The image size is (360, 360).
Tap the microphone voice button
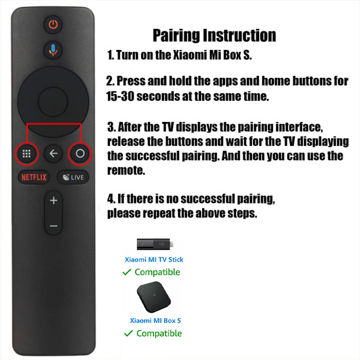point(53,50)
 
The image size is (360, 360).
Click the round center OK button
point(53,102)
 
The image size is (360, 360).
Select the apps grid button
point(27,153)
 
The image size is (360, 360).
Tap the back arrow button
point(53,153)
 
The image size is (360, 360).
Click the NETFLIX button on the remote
point(34,177)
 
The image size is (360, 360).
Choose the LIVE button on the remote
point(73,177)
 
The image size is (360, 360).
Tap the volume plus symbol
point(54,200)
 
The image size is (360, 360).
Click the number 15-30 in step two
point(120,96)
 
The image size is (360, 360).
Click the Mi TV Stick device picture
point(155,244)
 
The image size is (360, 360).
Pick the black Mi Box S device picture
point(153,298)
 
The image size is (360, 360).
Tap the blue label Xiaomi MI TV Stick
point(154,260)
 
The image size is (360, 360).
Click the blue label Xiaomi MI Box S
point(155,320)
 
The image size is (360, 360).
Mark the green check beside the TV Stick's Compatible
point(127,272)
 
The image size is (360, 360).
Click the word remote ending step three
point(126,171)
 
